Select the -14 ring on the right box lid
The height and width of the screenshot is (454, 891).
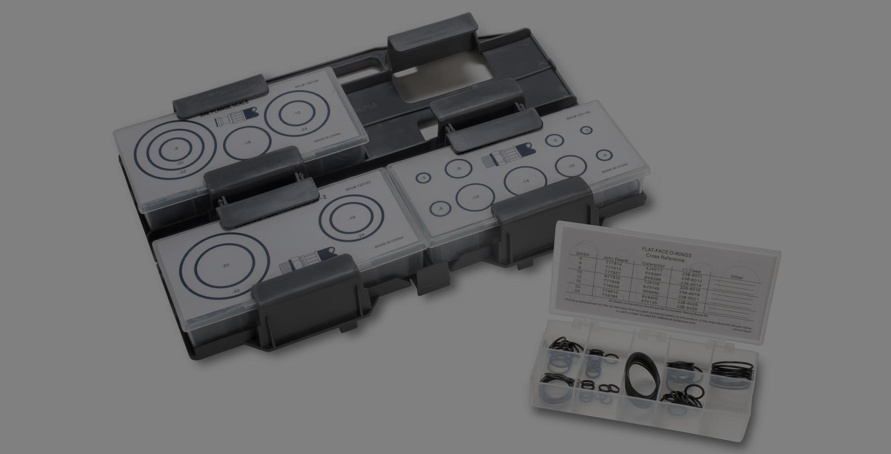tap(525, 181)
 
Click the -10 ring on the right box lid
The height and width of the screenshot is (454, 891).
tap(571, 166)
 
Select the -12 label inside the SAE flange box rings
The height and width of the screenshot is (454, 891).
tap(297, 114)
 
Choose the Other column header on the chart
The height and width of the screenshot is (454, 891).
tap(736, 277)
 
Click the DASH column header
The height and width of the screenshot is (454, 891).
tap(582, 254)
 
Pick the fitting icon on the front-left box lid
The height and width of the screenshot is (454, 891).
tap(307, 262)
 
